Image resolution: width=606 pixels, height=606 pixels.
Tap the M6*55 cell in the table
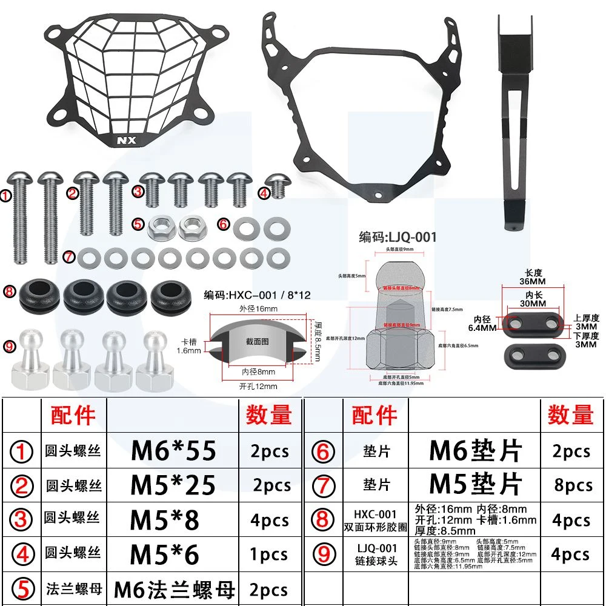173,451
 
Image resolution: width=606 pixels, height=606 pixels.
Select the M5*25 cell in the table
173,485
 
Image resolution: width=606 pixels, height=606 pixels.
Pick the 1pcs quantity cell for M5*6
270,555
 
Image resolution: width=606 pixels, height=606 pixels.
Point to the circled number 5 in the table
22,590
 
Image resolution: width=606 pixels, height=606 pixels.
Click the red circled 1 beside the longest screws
5,196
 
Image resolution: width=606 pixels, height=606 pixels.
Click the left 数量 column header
269,416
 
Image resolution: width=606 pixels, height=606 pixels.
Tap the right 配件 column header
374,416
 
